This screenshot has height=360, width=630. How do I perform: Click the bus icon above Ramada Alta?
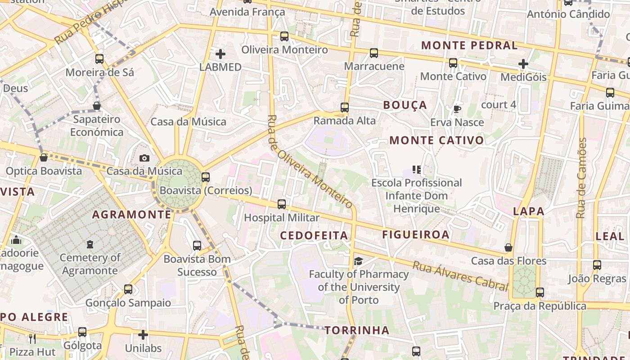click(x=345, y=108)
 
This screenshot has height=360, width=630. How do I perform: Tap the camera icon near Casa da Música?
click(x=144, y=158)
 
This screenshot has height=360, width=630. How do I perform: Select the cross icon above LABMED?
click(x=220, y=54)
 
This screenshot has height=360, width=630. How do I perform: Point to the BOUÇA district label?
click(x=405, y=105)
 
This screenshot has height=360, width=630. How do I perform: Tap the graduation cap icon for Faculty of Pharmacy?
click(x=358, y=261)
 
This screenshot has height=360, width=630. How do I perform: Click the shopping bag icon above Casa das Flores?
click(x=508, y=248)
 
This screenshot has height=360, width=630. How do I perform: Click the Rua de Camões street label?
click(x=582, y=178)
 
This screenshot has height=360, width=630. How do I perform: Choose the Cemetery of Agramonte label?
click(x=90, y=264)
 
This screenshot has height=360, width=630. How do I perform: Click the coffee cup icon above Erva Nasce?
click(x=457, y=109)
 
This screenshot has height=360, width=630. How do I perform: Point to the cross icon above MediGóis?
click(x=523, y=64)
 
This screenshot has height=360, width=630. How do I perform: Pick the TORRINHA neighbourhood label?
click(x=357, y=330)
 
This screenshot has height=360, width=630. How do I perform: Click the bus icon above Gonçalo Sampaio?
click(x=128, y=289)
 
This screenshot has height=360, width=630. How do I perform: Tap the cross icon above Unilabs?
click(x=143, y=335)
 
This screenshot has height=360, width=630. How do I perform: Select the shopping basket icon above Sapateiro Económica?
click(x=97, y=106)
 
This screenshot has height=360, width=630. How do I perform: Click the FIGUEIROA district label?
click(x=416, y=234)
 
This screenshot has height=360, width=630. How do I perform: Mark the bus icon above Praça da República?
click(x=540, y=293)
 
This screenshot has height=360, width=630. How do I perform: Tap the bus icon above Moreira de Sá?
click(x=99, y=59)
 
